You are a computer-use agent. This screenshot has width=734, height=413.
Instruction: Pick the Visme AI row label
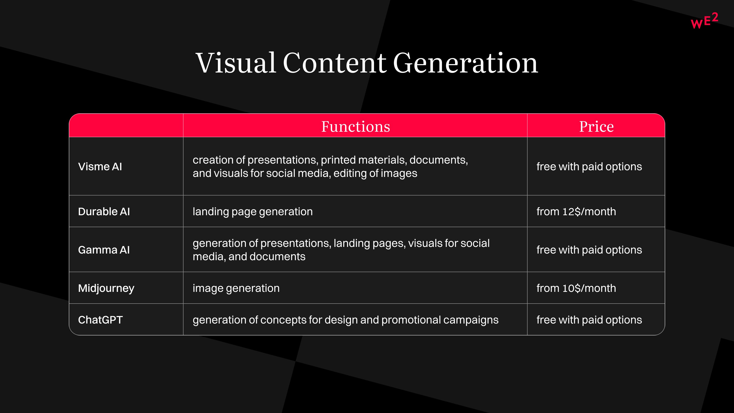click(100, 166)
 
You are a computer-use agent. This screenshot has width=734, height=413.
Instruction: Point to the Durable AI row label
click(104, 212)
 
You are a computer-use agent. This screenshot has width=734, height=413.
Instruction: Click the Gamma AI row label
click(104, 250)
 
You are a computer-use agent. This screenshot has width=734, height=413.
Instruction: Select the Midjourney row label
click(106, 288)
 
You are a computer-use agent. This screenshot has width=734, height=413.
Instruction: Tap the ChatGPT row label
click(100, 320)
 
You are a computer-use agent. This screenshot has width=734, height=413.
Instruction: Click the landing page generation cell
click(253, 212)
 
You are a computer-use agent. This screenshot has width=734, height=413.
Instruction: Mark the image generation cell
click(236, 288)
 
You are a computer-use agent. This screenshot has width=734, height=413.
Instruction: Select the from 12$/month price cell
click(576, 212)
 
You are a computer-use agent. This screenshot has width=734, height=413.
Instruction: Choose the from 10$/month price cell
click(576, 288)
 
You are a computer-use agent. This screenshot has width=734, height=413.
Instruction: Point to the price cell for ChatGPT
click(589, 320)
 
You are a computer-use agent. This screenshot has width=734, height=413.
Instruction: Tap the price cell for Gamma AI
click(589, 250)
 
